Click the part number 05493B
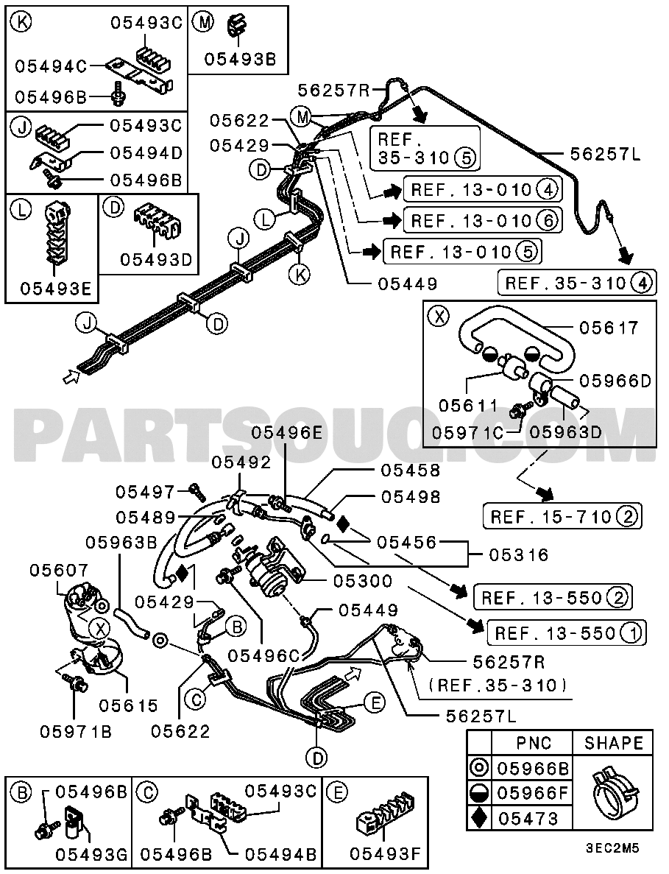pyautogui.click(x=239, y=60)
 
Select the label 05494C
pyautogui.click(x=49, y=66)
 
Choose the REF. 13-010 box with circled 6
pyautogui.click(x=482, y=219)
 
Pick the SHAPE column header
pyautogui.click(x=613, y=743)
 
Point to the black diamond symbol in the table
pyautogui.click(x=480, y=818)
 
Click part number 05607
pyautogui.click(x=59, y=570)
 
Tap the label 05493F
pyautogui.click(x=384, y=854)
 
